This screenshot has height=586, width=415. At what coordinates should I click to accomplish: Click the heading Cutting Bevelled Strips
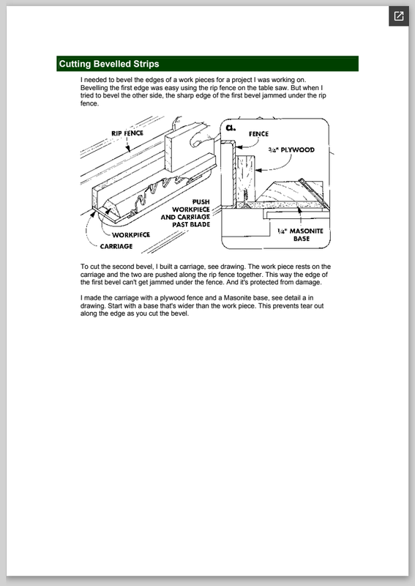[x=109, y=64]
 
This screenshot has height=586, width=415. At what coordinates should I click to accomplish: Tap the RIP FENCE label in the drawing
[x=127, y=133]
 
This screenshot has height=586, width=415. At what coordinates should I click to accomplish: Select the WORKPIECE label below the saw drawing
[x=131, y=234]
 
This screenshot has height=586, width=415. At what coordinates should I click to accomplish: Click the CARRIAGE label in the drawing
[x=116, y=246]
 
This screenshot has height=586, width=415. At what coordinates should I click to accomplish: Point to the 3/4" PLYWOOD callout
[x=291, y=150]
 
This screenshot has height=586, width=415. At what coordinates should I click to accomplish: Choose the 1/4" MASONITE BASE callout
[x=301, y=234]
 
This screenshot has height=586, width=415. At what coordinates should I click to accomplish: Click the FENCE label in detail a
[x=258, y=134]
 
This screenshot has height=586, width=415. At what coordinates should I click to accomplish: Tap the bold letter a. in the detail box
[x=231, y=127]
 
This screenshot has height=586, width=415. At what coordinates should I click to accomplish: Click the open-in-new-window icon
[x=399, y=16]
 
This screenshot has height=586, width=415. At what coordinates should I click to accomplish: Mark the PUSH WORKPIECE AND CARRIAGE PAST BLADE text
[x=186, y=213]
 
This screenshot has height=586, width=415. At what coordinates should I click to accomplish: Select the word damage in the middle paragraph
[x=310, y=282]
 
